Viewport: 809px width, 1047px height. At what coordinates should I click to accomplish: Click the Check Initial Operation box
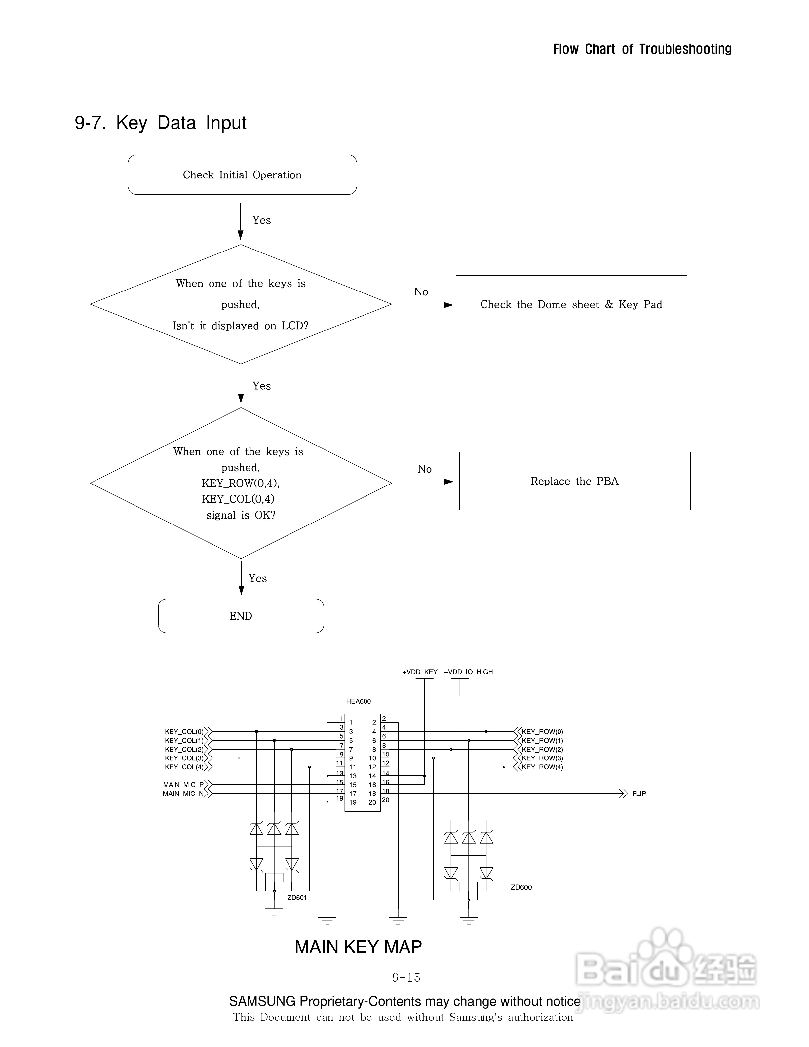(x=242, y=175)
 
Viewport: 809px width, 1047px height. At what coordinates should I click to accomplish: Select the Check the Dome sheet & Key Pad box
(x=571, y=304)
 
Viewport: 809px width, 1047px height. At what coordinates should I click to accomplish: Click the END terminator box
(x=241, y=616)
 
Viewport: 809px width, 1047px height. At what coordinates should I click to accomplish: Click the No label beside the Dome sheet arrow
(x=421, y=292)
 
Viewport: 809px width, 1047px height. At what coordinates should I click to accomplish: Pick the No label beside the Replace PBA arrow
(x=424, y=469)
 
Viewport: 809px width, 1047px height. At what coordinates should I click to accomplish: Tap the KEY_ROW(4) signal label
(x=543, y=767)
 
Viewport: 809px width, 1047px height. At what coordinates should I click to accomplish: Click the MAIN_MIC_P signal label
(x=183, y=785)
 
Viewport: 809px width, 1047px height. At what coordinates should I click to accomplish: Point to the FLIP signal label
(x=639, y=794)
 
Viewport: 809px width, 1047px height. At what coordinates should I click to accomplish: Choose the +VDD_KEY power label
(x=420, y=672)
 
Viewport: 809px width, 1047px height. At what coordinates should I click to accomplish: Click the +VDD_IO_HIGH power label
(x=468, y=672)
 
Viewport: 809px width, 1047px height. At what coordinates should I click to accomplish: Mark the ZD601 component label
(x=297, y=897)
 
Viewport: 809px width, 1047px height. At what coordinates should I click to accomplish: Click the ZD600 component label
(x=521, y=887)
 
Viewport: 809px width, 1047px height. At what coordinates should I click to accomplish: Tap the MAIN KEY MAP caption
(x=358, y=947)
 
